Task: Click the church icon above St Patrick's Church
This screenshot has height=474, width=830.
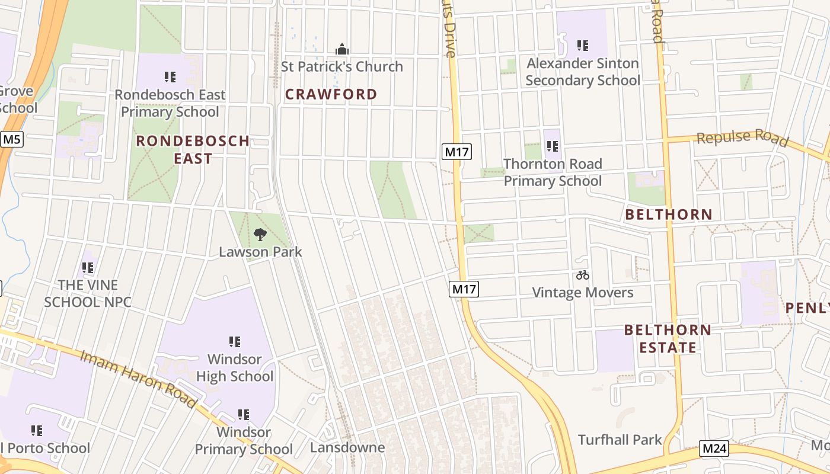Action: pyautogui.click(x=341, y=49)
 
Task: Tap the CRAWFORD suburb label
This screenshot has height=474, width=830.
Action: pyautogui.click(x=331, y=94)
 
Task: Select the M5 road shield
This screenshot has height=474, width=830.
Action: pyautogui.click(x=11, y=140)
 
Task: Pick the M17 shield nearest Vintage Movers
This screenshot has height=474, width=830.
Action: pyautogui.click(x=464, y=289)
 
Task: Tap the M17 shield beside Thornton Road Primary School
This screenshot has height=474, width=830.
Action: pyautogui.click(x=456, y=152)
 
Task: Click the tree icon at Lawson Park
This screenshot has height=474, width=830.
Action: pyautogui.click(x=260, y=235)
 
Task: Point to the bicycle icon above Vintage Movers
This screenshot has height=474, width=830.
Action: pyautogui.click(x=582, y=275)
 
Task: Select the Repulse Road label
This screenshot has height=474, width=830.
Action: pyautogui.click(x=742, y=138)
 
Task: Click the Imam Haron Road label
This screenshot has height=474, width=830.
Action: pyautogui.click(x=138, y=379)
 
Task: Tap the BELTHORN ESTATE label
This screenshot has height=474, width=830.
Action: pyautogui.click(x=668, y=338)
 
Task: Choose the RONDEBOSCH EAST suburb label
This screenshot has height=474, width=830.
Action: pyautogui.click(x=193, y=149)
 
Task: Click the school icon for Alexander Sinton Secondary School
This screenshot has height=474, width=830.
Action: pyautogui.click(x=583, y=46)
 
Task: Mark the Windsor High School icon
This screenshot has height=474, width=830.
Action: pyautogui.click(x=235, y=342)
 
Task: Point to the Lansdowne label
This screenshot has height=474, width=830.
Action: pyautogui.click(x=347, y=447)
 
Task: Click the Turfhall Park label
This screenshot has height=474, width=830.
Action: pyautogui.click(x=620, y=440)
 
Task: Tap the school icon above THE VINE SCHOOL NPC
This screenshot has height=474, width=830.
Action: pyautogui.click(x=88, y=268)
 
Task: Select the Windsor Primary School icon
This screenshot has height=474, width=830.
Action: pyautogui.click(x=244, y=415)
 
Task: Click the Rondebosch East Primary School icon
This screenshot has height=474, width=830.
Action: pyautogui.click(x=170, y=77)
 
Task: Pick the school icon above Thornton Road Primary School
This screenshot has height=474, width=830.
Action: pyautogui.click(x=553, y=146)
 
